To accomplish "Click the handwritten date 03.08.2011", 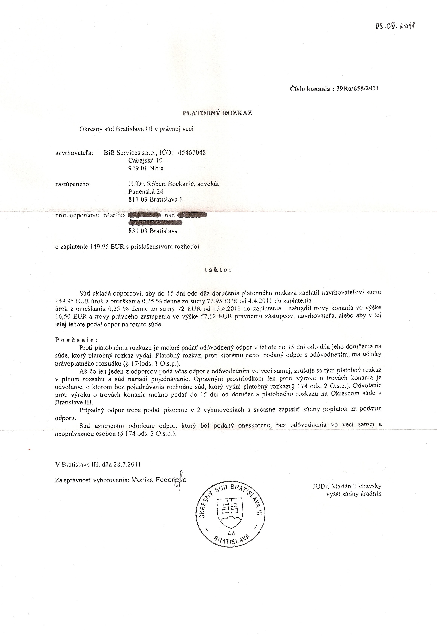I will [x=395, y=26].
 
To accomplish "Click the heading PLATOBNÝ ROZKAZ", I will [x=217, y=113].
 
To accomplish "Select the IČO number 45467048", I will [x=192, y=152].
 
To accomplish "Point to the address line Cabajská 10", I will [x=145, y=160].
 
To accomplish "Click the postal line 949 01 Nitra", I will [x=146, y=168].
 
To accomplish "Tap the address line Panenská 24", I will [x=146, y=192].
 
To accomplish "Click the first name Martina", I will [x=114, y=215].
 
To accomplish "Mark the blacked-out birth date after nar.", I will [x=192, y=215].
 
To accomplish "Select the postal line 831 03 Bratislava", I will [x=153, y=231].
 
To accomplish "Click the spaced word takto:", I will [x=218, y=270].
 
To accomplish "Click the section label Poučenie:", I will [x=76, y=340].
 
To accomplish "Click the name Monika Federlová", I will [x=159, y=480].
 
